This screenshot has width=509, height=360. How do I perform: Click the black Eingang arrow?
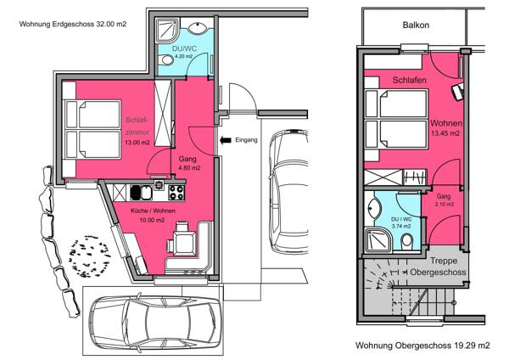tap(226, 140)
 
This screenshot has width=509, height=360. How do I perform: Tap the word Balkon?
tap(416, 25)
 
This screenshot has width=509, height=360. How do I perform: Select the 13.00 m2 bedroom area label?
tap(137, 143)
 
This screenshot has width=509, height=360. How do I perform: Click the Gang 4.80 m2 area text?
tap(189, 167)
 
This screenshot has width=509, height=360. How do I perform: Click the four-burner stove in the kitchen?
tap(176, 193)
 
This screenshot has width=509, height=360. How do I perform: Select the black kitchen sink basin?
tap(135, 193)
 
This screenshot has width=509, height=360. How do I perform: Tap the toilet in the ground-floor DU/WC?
tap(166, 59)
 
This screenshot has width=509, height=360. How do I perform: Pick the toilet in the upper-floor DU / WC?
tap(406, 241)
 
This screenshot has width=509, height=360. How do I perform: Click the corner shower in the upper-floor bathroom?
tap(378, 240)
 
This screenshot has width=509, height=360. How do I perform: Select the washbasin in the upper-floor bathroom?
tap(374, 208)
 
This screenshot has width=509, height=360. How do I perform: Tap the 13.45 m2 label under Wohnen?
tap(445, 133)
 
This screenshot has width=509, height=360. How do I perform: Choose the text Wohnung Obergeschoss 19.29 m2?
tap(422, 345)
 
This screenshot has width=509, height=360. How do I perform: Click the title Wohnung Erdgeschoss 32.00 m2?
tap(73, 24)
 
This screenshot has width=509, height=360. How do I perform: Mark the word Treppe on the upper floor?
tap(444, 261)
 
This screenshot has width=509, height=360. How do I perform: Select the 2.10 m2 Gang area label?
tap(445, 205)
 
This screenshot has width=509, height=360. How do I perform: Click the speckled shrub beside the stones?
tap(90, 256)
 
